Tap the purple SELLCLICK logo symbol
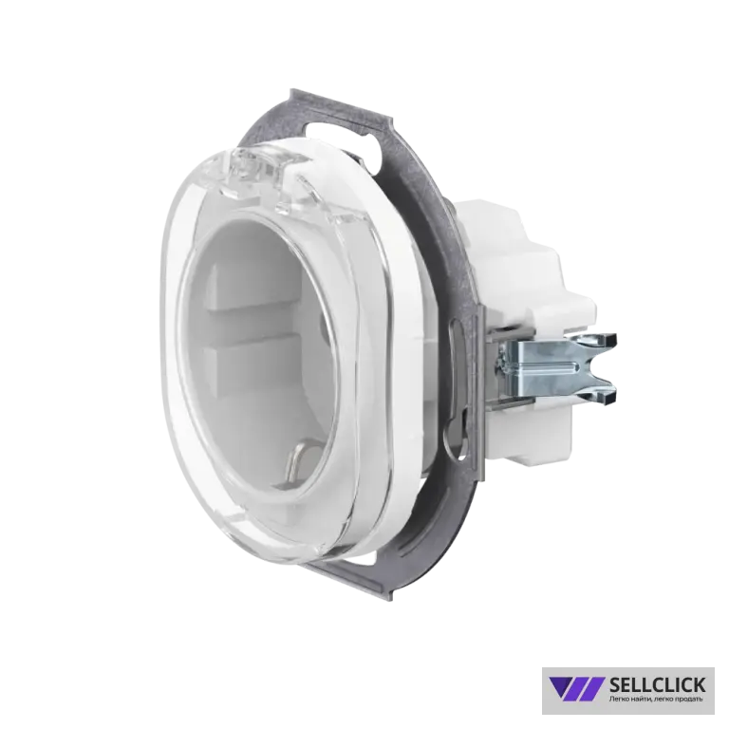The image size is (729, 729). [x=576, y=688]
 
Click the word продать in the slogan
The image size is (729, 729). [x=690, y=699]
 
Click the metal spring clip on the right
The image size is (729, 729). [x=555, y=368]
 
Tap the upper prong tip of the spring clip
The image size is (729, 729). [x=611, y=340]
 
